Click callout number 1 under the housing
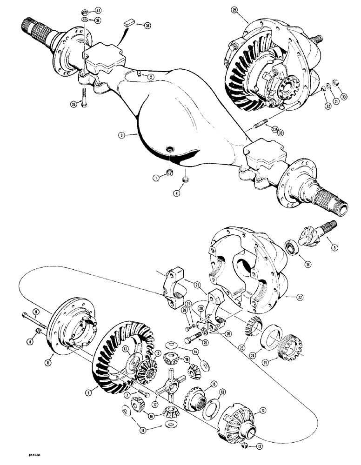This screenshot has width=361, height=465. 157,177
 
